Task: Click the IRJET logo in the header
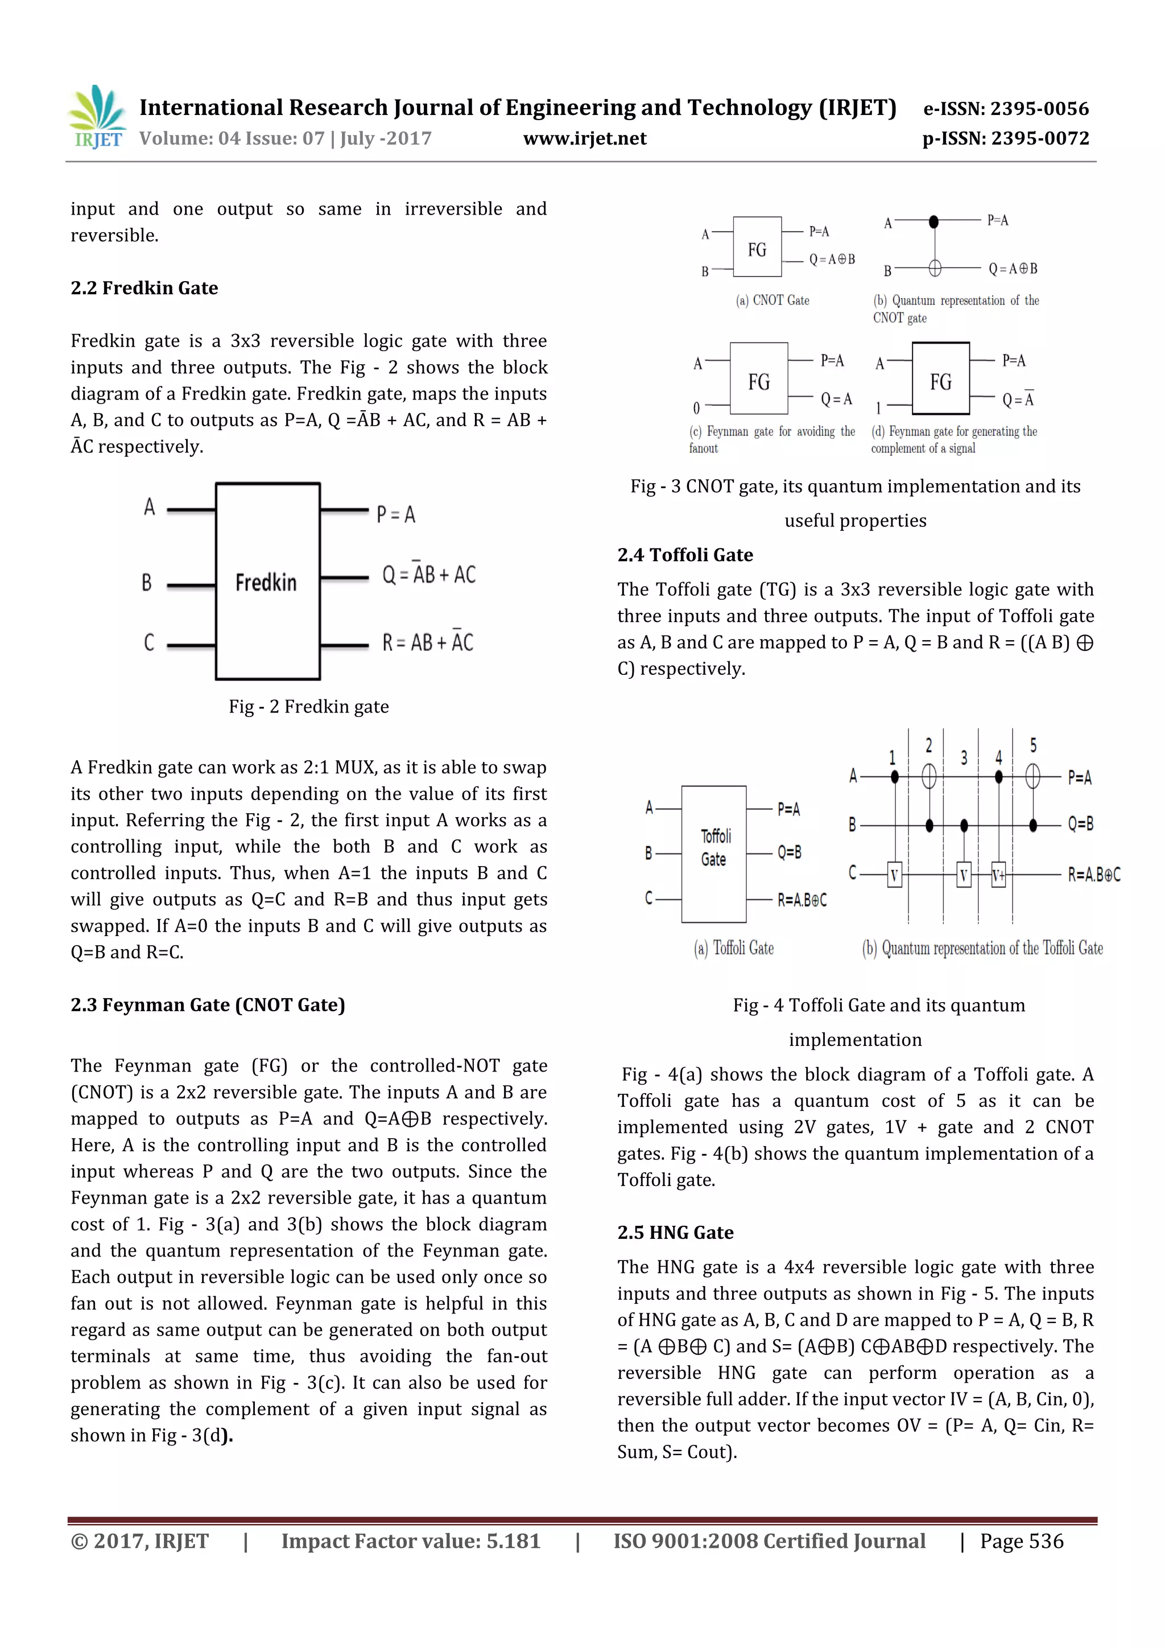[97, 117]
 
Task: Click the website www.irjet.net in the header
[585, 138]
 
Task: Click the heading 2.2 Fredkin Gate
[144, 288]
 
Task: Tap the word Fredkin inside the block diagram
[266, 582]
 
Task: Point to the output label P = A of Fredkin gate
[396, 514]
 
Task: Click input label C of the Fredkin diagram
[148, 642]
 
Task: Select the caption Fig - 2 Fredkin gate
[308, 706]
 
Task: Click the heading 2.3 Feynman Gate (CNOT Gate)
[207, 1004]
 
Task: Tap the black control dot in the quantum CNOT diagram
[933, 223]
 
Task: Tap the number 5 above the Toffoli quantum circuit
[1033, 745]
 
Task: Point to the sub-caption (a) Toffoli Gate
[733, 948]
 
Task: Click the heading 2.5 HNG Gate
[675, 1233]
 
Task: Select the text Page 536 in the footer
[1022, 1541]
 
